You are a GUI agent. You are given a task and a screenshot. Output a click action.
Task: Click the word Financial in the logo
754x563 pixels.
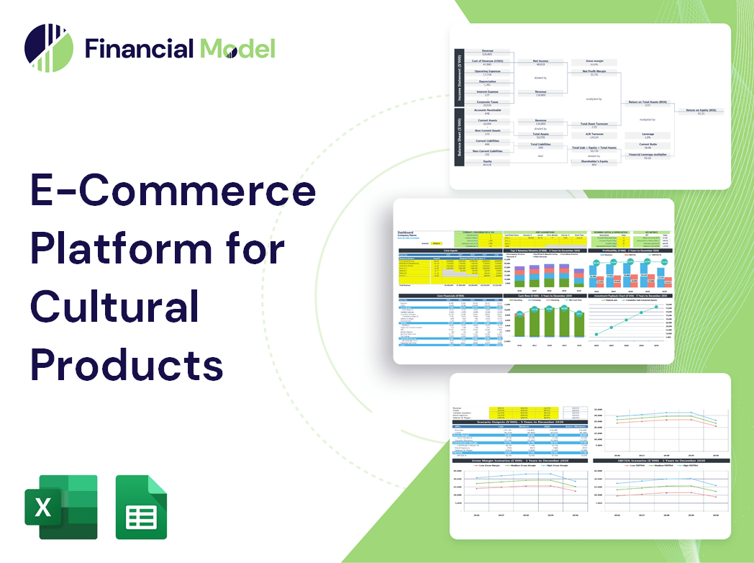pos(138,49)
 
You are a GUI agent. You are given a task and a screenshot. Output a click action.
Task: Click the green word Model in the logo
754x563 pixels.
pos(237,49)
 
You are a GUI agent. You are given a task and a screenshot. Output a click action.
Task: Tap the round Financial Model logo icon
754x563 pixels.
pos(49,49)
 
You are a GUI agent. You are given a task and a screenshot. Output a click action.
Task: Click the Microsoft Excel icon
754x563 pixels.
pos(61,507)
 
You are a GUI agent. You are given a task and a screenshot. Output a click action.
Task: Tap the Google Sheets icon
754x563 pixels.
pos(141,507)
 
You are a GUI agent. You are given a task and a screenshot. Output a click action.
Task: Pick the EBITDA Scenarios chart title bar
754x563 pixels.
pos(654,459)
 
